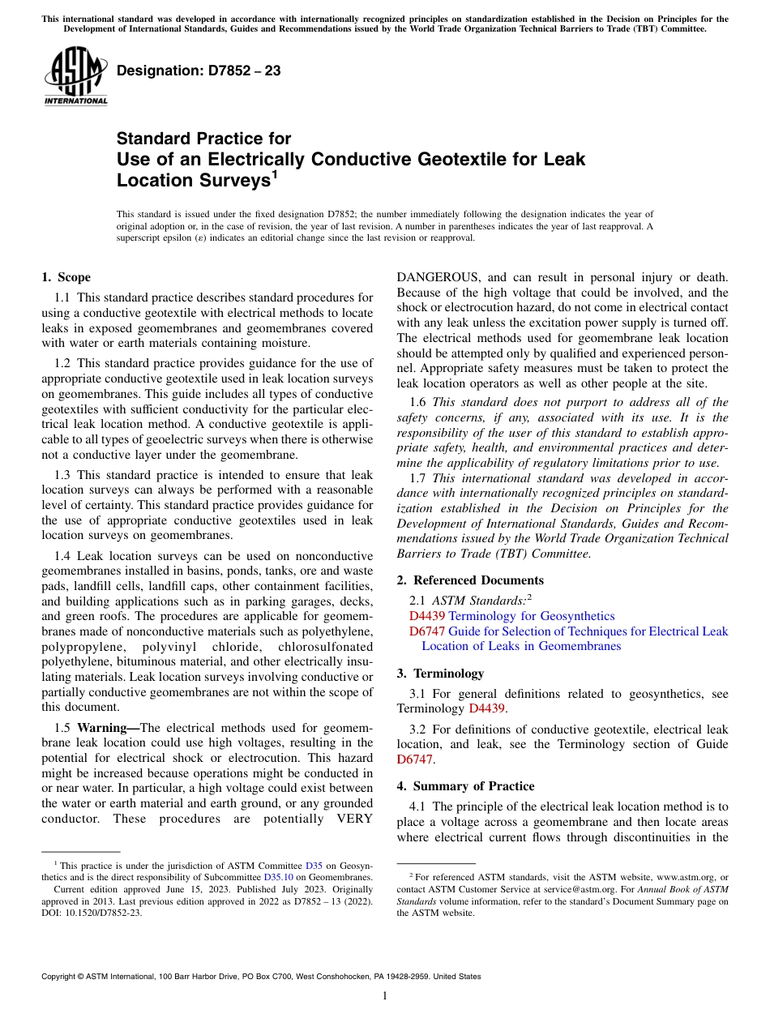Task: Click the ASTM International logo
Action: (75, 76)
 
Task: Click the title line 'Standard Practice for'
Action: (203, 139)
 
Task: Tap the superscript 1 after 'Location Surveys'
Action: (274, 174)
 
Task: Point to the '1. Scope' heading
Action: (66, 277)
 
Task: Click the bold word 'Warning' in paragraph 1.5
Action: (105, 727)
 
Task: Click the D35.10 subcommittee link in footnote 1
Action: (278, 876)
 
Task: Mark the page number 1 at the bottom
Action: (385, 995)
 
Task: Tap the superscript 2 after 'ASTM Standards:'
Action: (528, 598)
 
